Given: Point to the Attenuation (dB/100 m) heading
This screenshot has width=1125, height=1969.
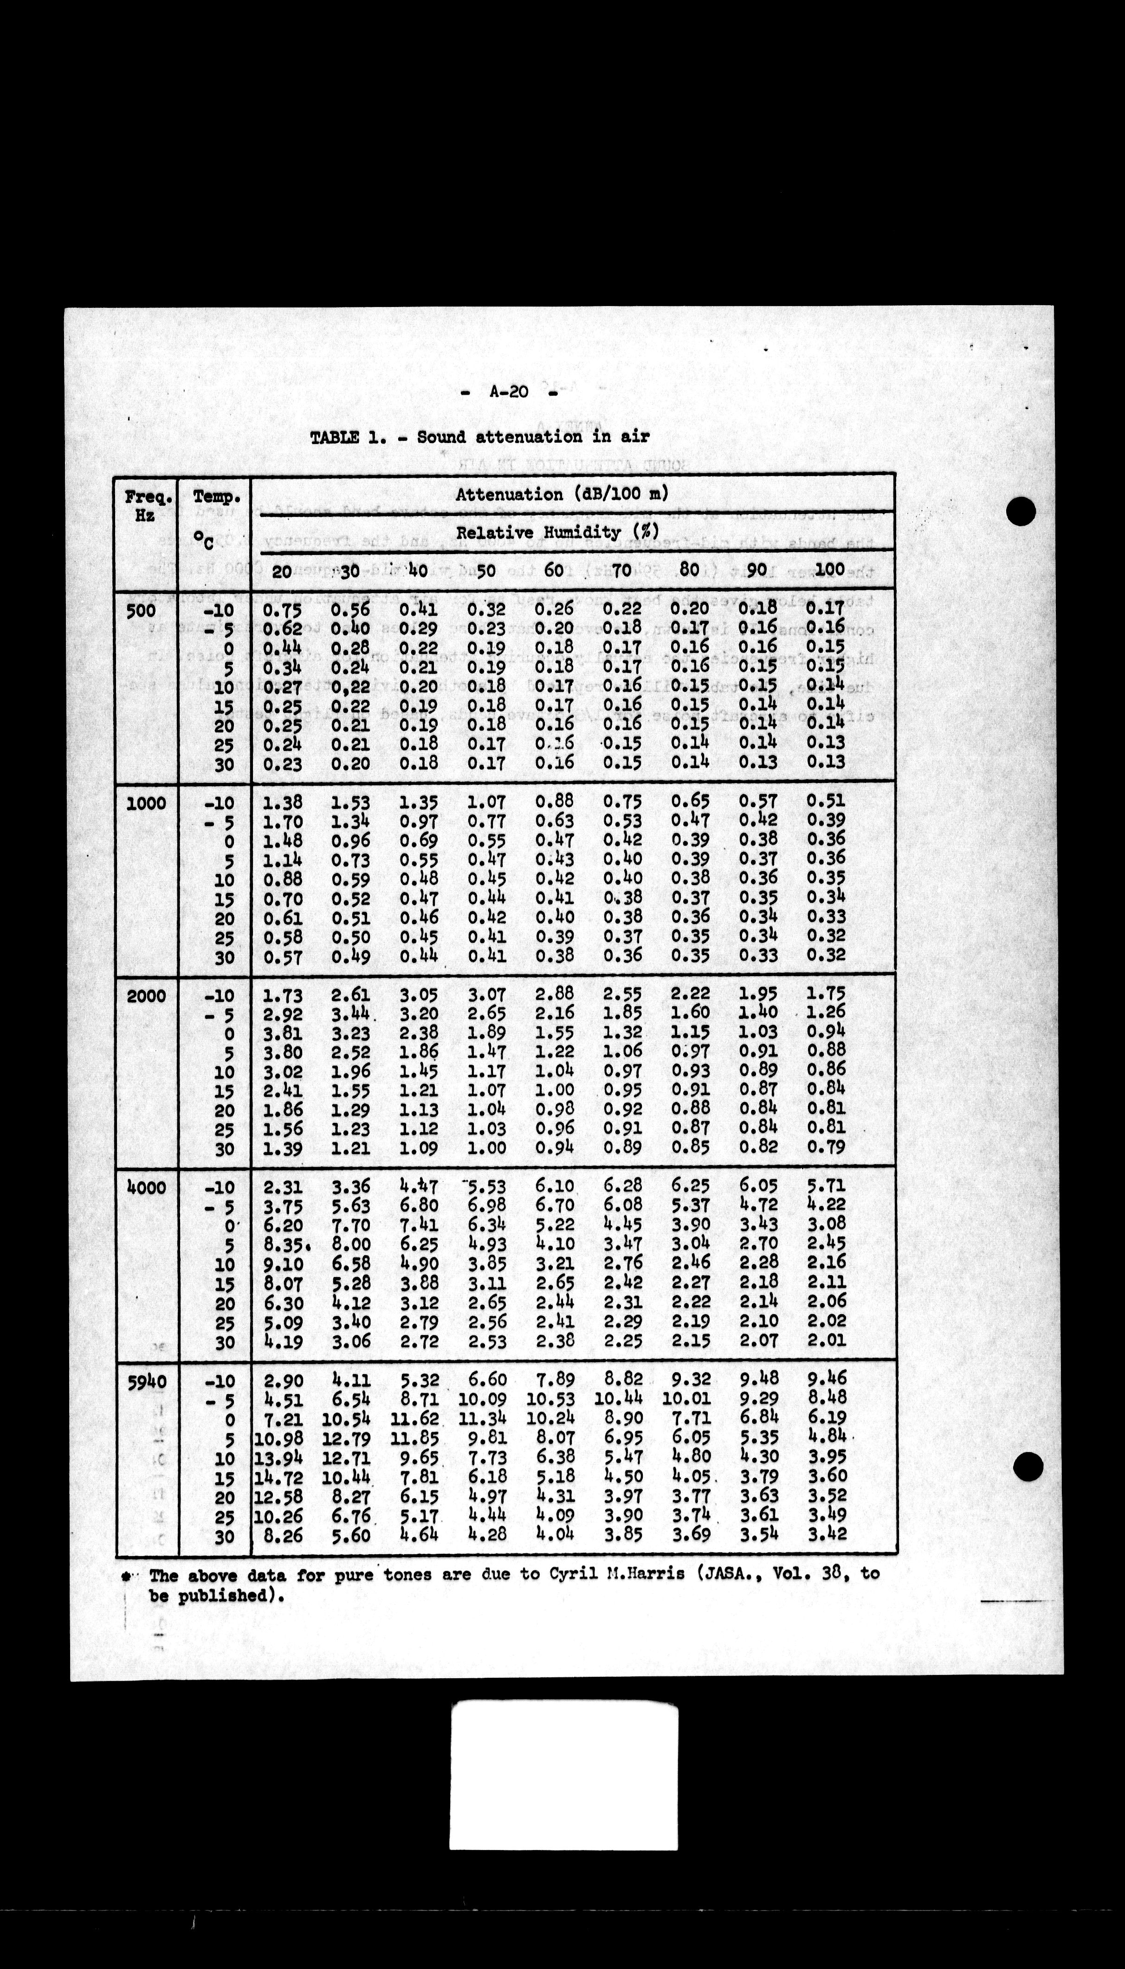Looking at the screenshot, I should (562, 494).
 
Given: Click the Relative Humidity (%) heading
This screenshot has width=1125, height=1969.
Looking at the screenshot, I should (556, 533).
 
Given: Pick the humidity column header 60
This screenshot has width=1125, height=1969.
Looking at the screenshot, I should (553, 571).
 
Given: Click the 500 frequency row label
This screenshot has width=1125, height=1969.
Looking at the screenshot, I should (140, 610).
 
